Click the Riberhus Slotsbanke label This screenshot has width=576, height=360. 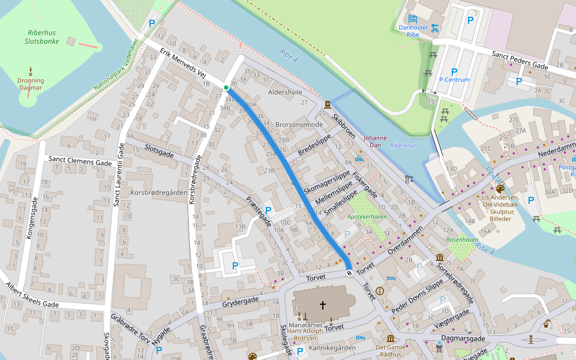click(x=41, y=37)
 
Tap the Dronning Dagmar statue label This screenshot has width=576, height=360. click(x=31, y=83)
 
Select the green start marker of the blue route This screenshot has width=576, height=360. click(x=226, y=88)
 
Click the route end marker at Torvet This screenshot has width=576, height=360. click(x=349, y=274)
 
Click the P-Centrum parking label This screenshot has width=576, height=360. click(x=454, y=79)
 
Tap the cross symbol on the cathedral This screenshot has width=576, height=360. click(x=322, y=305)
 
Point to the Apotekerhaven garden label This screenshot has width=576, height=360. click(x=367, y=216)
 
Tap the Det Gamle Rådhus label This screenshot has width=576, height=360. click(x=390, y=350)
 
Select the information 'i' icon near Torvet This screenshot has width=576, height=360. click(x=379, y=290)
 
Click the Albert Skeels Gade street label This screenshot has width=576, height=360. click(x=33, y=295)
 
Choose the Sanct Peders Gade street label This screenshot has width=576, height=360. click(x=520, y=59)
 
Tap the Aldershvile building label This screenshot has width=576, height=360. click(x=285, y=92)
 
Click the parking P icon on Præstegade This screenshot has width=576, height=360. click(x=268, y=211)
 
